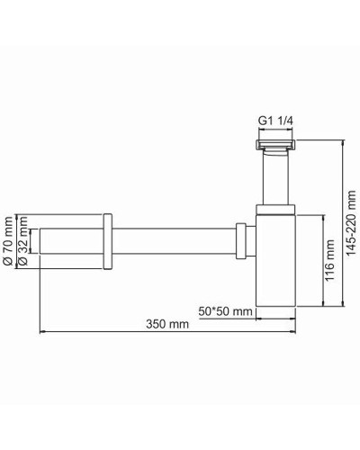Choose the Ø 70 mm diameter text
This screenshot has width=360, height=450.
pyautogui.click(x=8, y=242)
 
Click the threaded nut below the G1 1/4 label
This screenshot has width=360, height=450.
pyautogui.click(x=274, y=145)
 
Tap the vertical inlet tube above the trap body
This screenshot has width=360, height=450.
pyautogui.click(x=274, y=180)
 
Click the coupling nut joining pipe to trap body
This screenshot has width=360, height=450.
pyautogui.click(x=242, y=242)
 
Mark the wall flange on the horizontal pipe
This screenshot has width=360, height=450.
pyautogui.click(x=107, y=242)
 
